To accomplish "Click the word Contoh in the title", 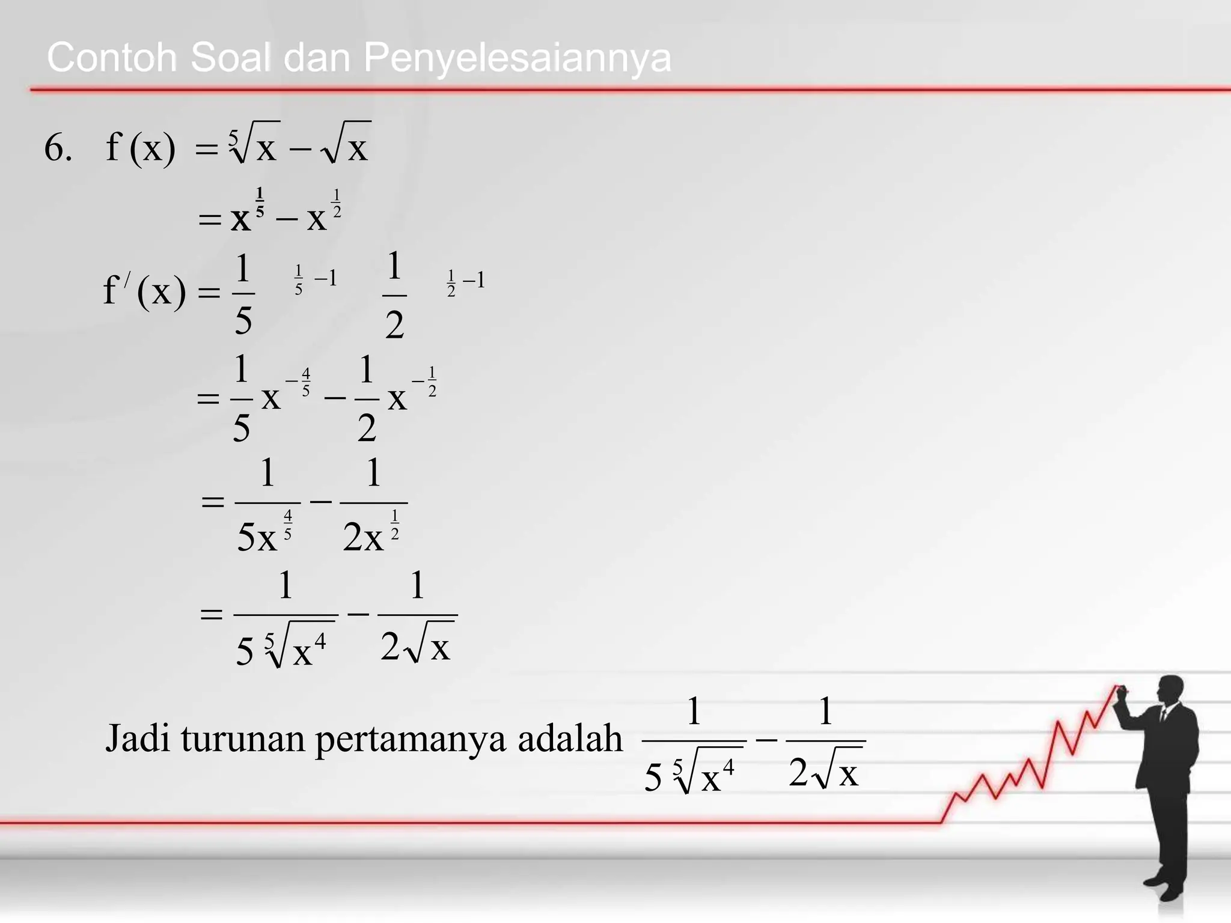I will point(112,58).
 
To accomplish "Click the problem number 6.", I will point(58,148).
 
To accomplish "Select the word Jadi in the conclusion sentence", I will point(138,738).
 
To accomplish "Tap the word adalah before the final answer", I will point(570,738).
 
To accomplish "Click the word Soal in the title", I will point(230,58).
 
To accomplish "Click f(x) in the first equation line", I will point(141,148).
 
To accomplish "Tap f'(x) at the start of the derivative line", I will point(144,292).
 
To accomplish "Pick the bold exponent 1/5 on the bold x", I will point(260,202).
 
